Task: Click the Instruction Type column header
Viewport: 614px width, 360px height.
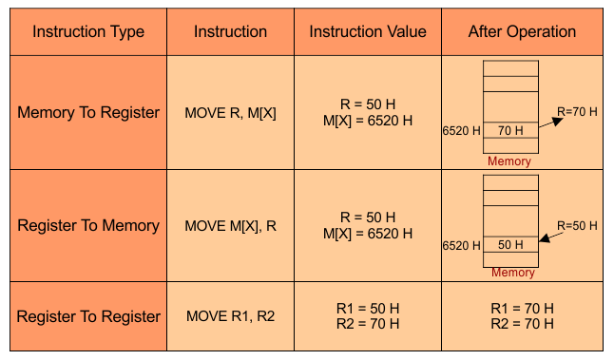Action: pyautogui.click(x=88, y=31)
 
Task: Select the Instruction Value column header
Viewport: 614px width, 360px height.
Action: pyautogui.click(x=368, y=31)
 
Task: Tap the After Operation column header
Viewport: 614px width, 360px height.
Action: pyautogui.click(x=522, y=31)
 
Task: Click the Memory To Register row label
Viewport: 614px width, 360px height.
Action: pyautogui.click(x=88, y=113)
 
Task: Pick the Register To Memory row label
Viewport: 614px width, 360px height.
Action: pyautogui.click(x=88, y=225)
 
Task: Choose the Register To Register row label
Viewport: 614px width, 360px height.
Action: pyautogui.click(x=88, y=316)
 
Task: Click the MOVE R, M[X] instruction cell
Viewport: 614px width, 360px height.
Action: pyautogui.click(x=230, y=113)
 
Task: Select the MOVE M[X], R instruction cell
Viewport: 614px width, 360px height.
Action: pyautogui.click(x=230, y=226)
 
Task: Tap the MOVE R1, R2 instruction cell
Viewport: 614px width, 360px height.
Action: pyautogui.click(x=230, y=315)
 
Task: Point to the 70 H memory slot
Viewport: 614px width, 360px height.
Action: pyautogui.click(x=510, y=130)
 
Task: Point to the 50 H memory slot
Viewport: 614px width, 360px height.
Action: pyautogui.click(x=510, y=244)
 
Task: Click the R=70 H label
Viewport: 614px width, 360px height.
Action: pyautogui.click(x=577, y=111)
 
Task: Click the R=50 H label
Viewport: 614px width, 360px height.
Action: pyautogui.click(x=577, y=226)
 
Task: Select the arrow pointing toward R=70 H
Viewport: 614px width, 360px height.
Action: pyautogui.click(x=551, y=123)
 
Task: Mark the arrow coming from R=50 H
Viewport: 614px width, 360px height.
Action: pyautogui.click(x=551, y=237)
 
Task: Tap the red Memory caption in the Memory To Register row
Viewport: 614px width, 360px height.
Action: pyautogui.click(x=509, y=161)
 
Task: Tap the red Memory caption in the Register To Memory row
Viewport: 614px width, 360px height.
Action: pyautogui.click(x=513, y=273)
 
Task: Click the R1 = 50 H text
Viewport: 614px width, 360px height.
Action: pyautogui.click(x=368, y=309)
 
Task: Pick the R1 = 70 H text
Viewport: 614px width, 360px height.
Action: pyautogui.click(x=522, y=309)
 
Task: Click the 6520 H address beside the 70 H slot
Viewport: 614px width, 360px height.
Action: pyautogui.click(x=461, y=131)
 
